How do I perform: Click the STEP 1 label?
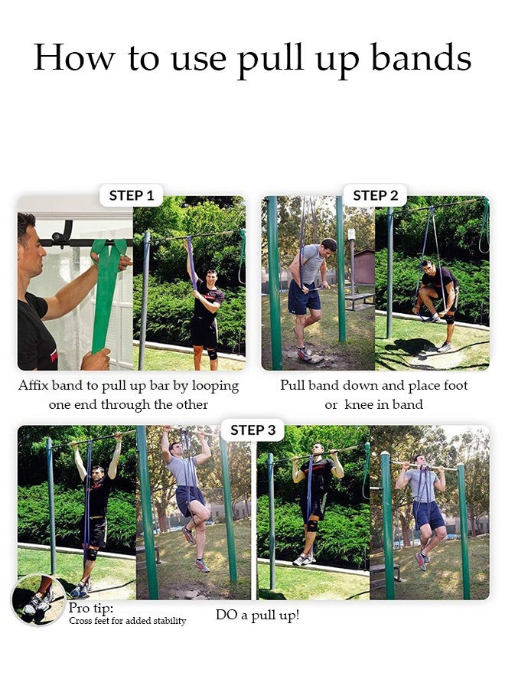(131, 195)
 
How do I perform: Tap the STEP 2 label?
(375, 195)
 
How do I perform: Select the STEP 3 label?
(252, 430)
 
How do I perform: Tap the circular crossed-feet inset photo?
(38, 599)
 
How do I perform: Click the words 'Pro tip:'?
(91, 608)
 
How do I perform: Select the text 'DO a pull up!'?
(257, 615)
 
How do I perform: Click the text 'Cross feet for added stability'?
(127, 621)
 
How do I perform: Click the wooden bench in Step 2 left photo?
(359, 299)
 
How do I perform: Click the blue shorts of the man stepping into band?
(304, 297)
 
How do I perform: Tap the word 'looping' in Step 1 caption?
(213, 385)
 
